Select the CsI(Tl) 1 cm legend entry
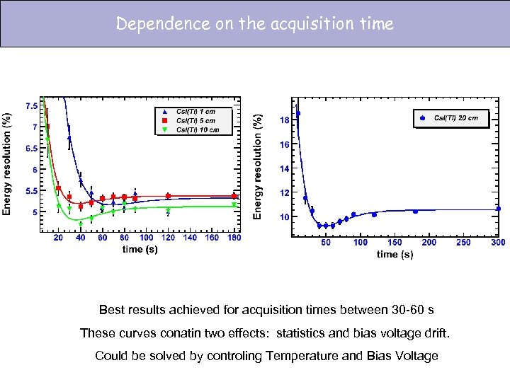(195, 111)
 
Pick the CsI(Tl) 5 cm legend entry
(195, 120)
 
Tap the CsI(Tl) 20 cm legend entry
(455, 118)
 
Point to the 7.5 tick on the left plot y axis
(32, 106)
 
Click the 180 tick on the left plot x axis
(234, 238)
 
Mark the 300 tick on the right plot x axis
(498, 243)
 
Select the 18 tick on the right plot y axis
(283, 120)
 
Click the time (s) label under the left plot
(139, 249)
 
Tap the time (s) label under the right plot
(395, 254)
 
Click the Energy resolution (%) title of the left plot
(8, 163)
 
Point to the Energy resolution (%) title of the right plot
(259, 167)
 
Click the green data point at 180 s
(234, 205)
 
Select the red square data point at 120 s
(168, 196)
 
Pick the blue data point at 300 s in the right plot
(498, 209)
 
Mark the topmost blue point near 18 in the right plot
(298, 113)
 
